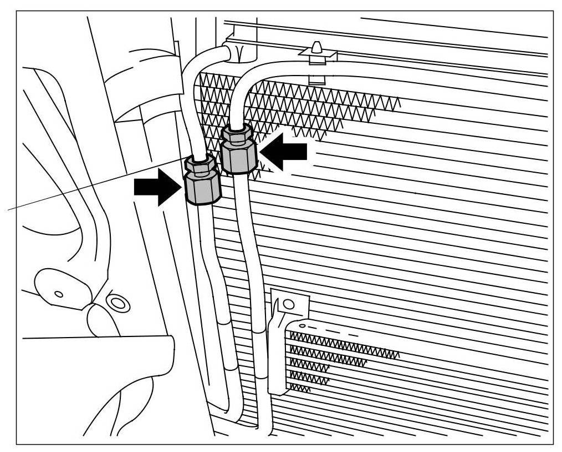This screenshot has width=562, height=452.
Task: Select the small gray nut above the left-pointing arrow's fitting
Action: coord(237,133)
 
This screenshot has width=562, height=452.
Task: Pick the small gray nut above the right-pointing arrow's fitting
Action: coord(200,164)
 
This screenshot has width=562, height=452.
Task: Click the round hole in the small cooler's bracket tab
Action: coord(287,304)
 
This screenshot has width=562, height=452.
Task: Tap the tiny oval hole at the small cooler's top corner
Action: coord(302,325)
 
